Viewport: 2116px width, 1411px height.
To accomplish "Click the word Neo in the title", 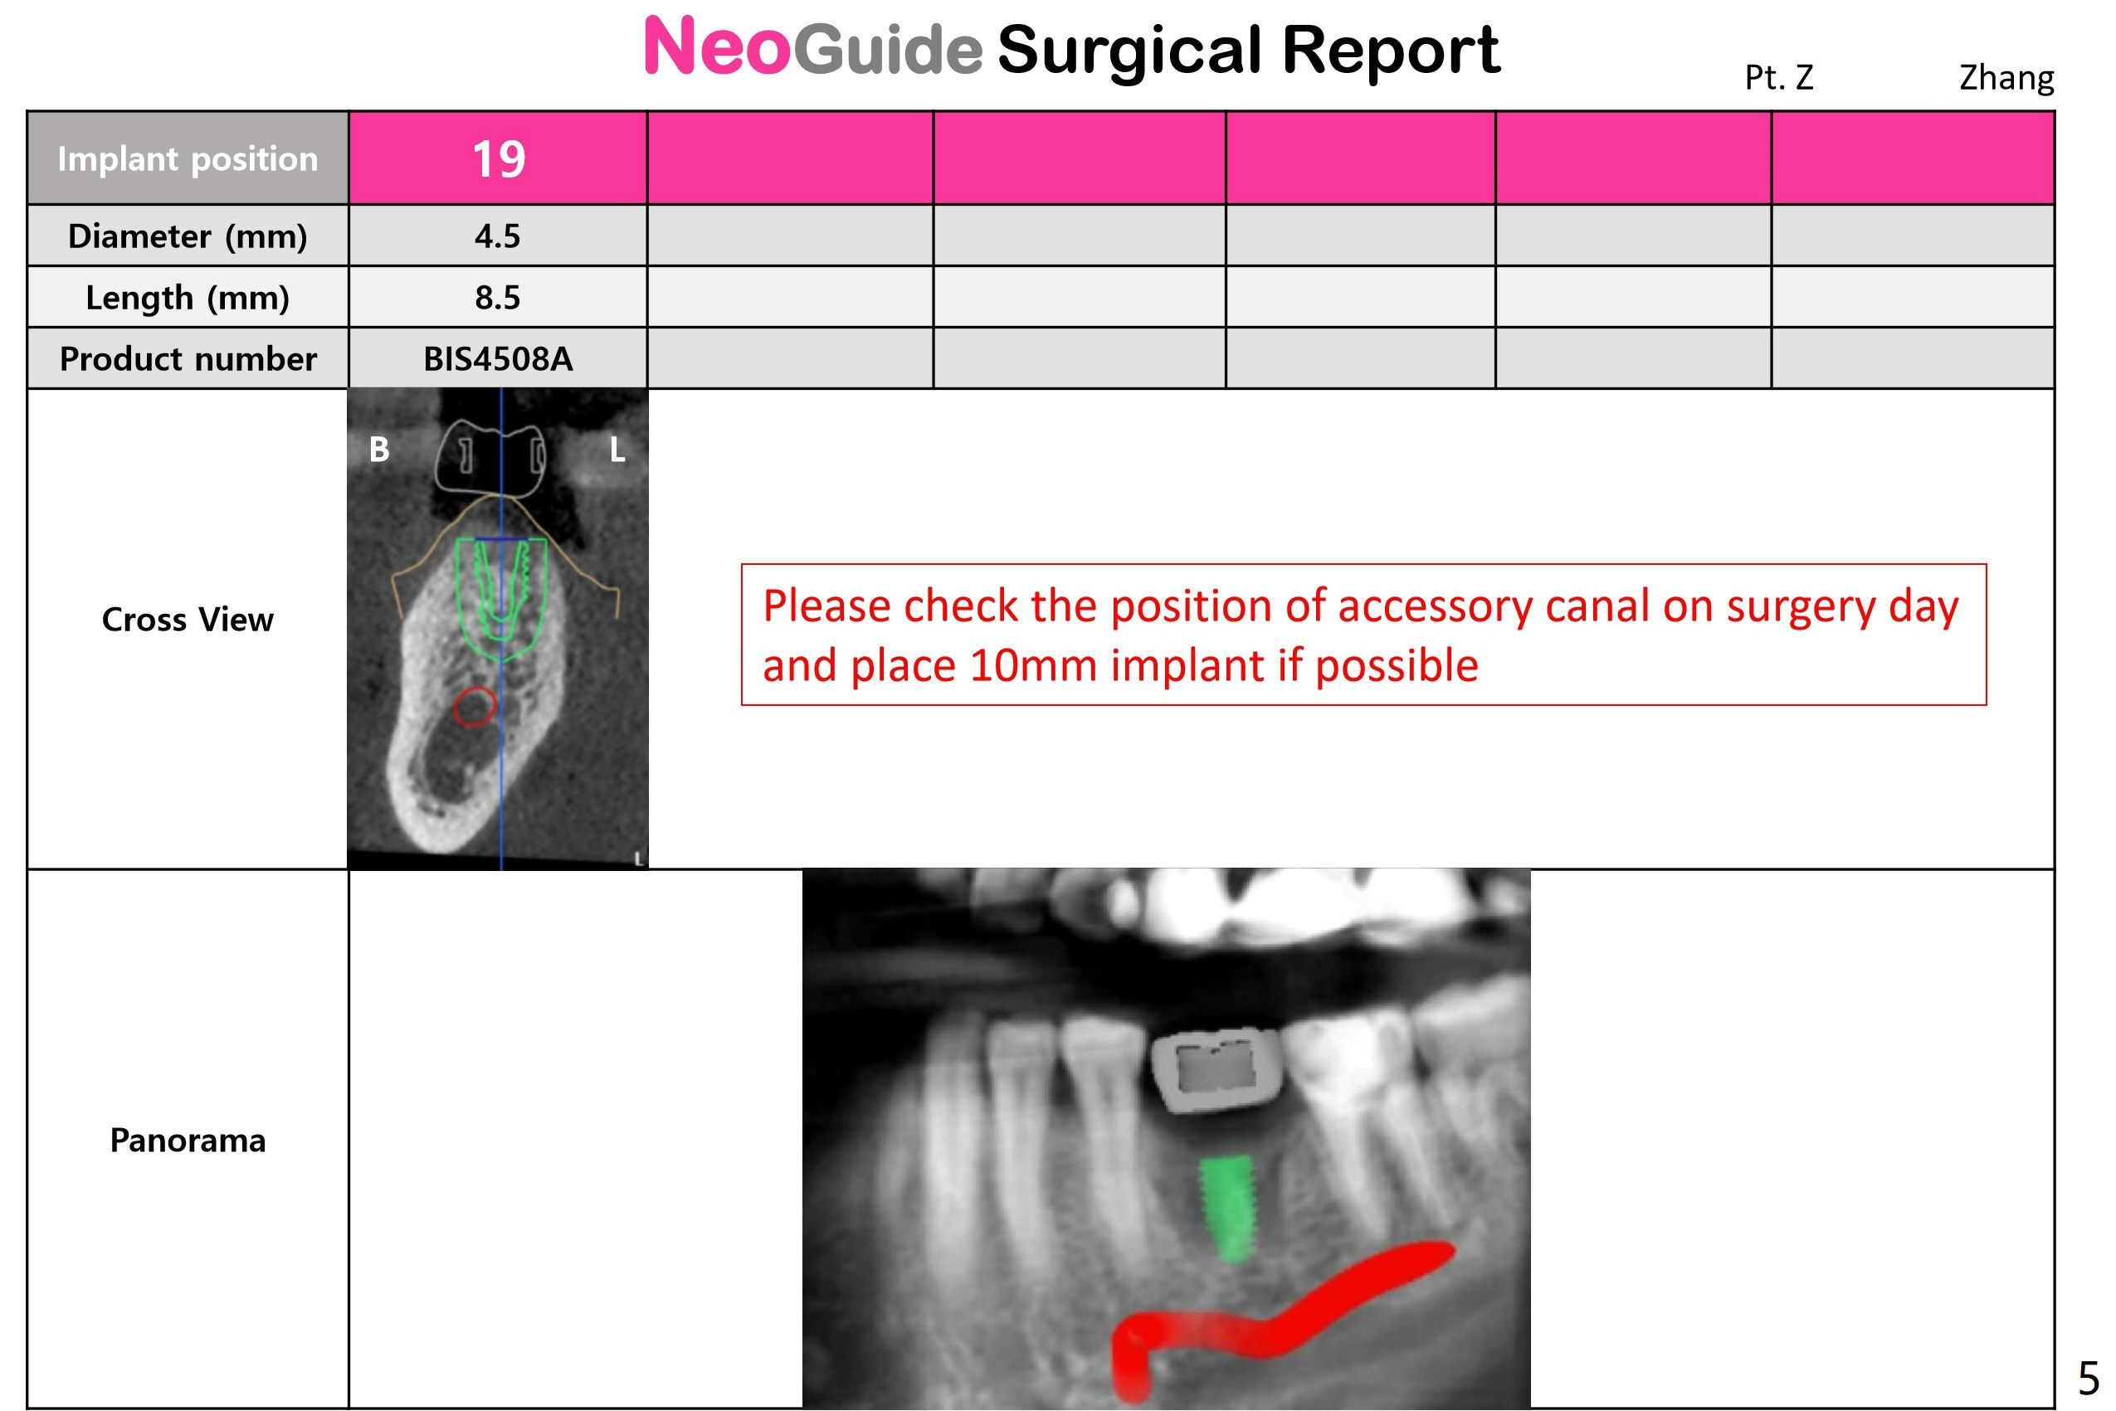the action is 717,46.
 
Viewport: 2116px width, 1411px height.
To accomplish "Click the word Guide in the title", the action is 887,49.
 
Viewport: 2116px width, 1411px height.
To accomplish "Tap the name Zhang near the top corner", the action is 2006,79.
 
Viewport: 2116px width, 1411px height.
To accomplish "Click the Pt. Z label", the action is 1778,78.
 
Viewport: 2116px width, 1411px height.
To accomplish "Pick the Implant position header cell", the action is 188,158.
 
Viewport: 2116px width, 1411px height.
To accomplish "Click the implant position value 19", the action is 499,159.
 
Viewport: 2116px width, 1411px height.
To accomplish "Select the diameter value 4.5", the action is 498,236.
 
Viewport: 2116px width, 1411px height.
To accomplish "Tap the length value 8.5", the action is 498,297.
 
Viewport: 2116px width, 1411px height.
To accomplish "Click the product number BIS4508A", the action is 498,359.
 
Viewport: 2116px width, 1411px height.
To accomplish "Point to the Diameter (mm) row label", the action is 188,236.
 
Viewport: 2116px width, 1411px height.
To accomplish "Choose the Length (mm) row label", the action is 188,298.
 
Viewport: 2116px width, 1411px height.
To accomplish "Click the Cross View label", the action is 188,619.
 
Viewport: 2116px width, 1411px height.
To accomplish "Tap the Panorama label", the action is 188,1140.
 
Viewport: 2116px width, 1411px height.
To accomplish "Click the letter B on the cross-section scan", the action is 379,449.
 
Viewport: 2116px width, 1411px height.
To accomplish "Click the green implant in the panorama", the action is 1227,1209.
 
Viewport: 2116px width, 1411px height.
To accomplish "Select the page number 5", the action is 2088,1378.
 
